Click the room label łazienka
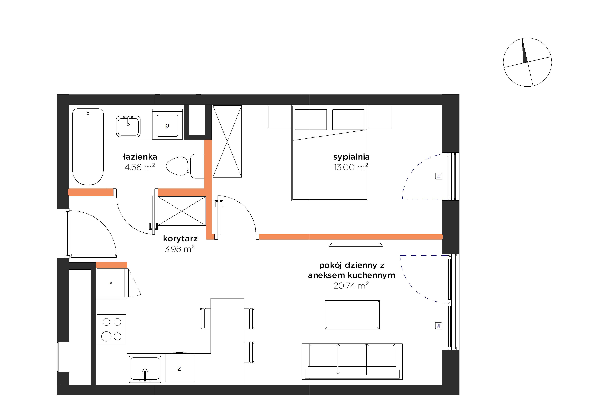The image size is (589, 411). coord(140,157)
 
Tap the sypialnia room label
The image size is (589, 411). coord(351,157)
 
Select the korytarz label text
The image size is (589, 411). coord(180,239)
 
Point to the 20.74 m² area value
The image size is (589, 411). coord(351,285)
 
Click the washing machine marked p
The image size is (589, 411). coord(167,125)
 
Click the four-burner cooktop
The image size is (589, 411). coord(111,329)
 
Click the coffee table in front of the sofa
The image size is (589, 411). coord(352,315)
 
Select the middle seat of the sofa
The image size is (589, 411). coord(352,356)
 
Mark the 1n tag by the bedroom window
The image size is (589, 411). coord(439,176)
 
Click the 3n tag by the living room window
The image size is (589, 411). coord(439,326)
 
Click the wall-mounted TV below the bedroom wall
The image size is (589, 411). coord(356,245)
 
